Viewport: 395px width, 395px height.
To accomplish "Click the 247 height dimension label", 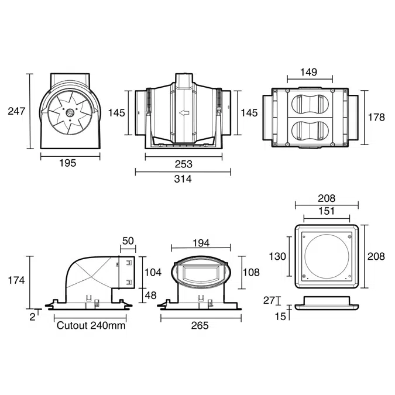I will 16,111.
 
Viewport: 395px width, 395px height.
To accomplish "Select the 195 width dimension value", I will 68,163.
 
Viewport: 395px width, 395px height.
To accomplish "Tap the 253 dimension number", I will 183,164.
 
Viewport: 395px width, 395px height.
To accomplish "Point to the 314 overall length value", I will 183,178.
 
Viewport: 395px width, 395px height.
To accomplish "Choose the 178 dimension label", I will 376,117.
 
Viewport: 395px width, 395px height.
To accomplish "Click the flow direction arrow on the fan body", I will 184,114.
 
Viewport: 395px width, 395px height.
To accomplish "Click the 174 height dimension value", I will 16,280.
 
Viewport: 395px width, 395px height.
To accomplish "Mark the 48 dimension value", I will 150,296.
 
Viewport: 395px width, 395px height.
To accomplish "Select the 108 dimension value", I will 251,273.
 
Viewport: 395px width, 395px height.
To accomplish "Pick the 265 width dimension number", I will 200,326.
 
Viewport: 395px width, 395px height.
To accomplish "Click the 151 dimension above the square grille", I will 326,211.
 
